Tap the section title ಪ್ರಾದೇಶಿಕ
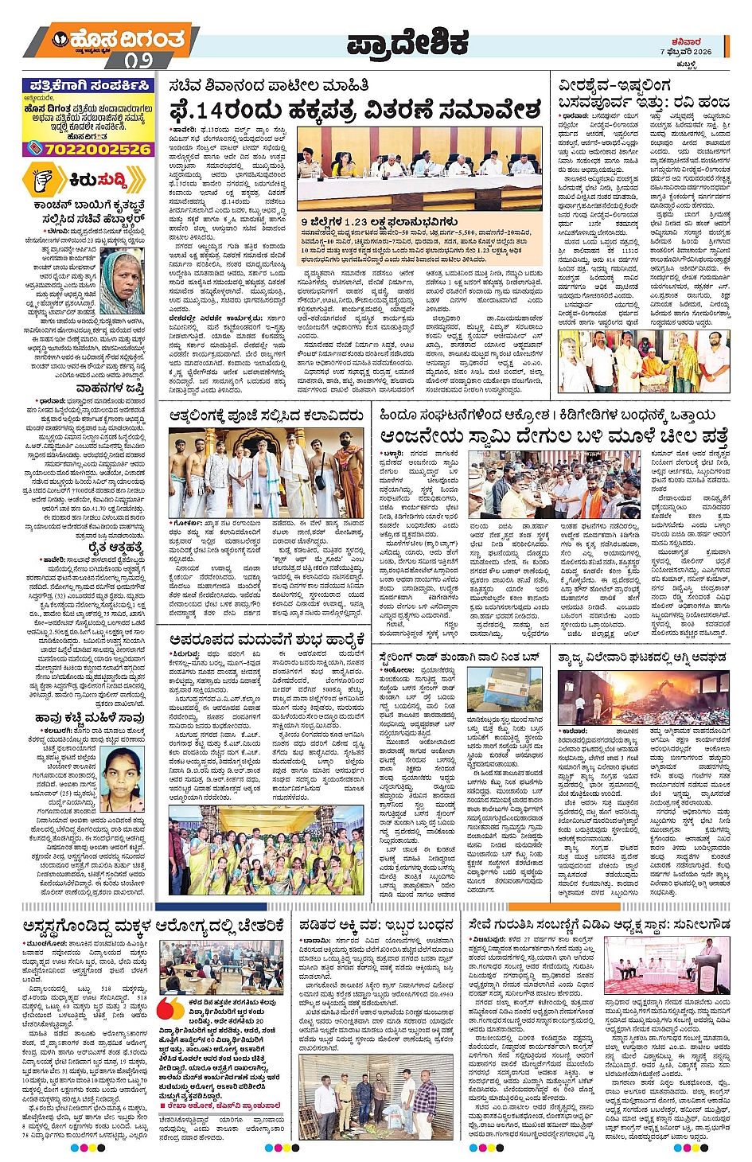pyautogui.click(x=407, y=45)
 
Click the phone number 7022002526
pyautogui.click(x=88, y=149)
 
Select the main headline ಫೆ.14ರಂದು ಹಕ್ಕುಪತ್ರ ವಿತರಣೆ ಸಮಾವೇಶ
pyautogui.click(x=355, y=109)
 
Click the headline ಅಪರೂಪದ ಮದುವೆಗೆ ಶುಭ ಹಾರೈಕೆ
pyautogui.click(x=268, y=638)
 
